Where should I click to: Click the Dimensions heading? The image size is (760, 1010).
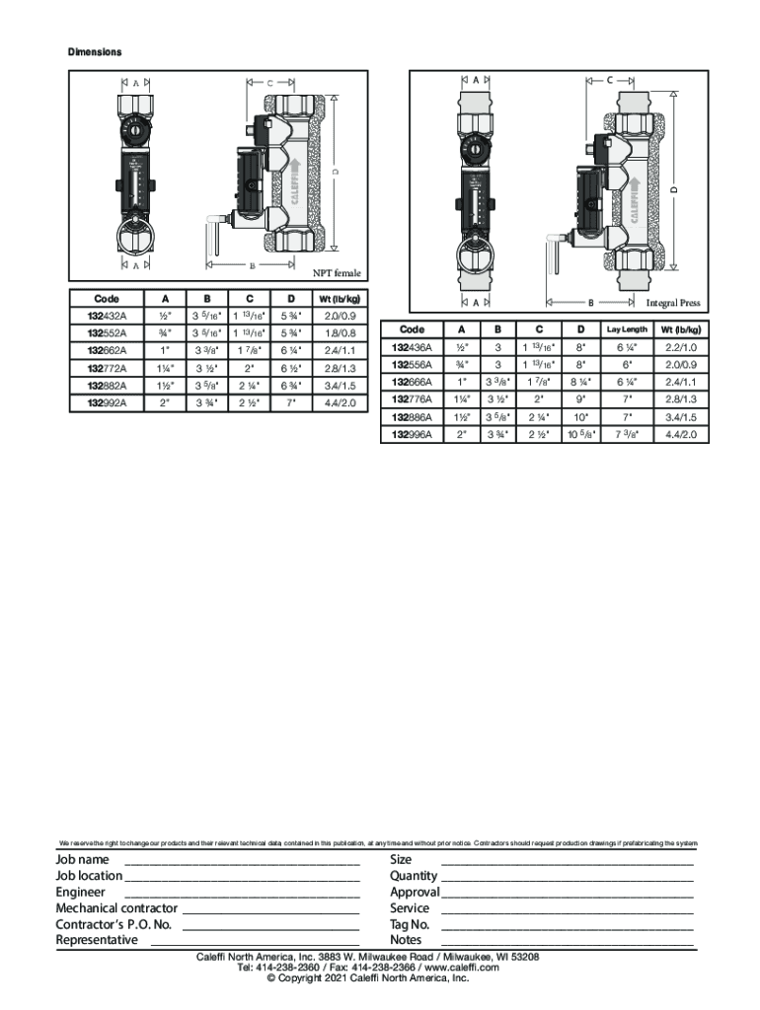coord(94,51)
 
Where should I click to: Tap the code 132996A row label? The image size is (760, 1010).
coord(413,434)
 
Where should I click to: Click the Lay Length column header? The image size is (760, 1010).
coord(627,329)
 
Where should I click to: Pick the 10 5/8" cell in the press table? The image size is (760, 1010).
coord(580,434)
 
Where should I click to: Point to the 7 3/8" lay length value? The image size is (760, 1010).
coord(627,434)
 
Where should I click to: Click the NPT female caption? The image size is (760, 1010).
coord(337,273)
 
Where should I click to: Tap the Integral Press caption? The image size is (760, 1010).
coord(673,304)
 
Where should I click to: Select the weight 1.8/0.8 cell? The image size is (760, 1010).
coord(340,333)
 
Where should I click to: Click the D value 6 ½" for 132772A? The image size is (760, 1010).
coord(290,368)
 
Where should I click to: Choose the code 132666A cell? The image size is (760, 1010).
coord(413,382)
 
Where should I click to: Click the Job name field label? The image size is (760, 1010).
coord(82,860)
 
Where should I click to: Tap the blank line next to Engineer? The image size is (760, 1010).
coord(242,894)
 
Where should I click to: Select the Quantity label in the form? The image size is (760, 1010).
coord(414,876)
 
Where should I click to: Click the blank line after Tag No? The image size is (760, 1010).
coord(567,927)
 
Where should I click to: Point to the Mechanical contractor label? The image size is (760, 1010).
coord(116,908)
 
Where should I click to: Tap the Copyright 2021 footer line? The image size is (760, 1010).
coord(380,978)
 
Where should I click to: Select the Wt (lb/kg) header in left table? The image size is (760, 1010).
coord(340,299)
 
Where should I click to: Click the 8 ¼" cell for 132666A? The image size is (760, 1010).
coord(580,382)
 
